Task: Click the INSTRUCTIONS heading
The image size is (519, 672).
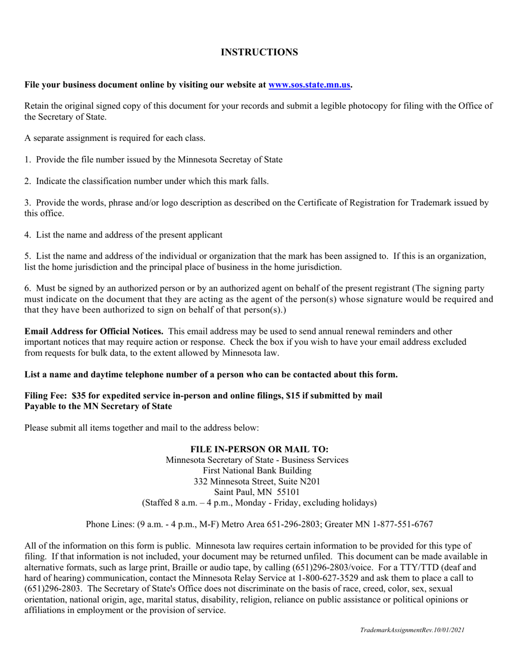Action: click(x=259, y=52)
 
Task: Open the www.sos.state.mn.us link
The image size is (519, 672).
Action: click(x=309, y=85)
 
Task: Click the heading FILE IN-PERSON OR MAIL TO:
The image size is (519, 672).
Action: click(x=259, y=449)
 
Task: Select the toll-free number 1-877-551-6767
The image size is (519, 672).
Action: click(x=403, y=524)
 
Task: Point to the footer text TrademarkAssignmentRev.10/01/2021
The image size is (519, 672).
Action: click(x=412, y=630)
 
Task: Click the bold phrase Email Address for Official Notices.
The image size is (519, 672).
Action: click(x=93, y=331)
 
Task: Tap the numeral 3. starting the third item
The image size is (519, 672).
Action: click(x=28, y=203)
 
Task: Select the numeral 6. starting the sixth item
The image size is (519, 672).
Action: click(x=28, y=288)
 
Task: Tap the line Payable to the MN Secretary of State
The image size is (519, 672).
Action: click(x=98, y=406)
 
